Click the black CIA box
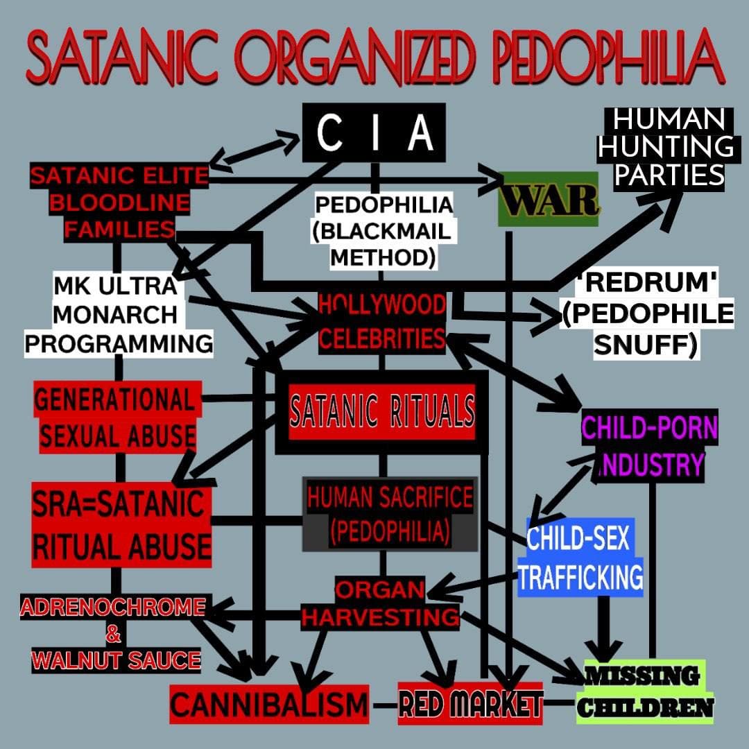pyautogui.click(x=374, y=134)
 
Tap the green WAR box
pyautogui.click(x=548, y=198)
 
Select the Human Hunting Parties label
pyautogui.click(x=666, y=147)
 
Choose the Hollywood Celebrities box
pyautogui.click(x=382, y=322)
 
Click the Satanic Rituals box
pyautogui.click(x=382, y=411)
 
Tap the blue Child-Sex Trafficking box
pyautogui.click(x=581, y=557)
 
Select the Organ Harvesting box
pyautogui.click(x=380, y=603)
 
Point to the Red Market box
pyautogui.click(x=470, y=703)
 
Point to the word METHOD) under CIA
pyautogui.click(x=383, y=257)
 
